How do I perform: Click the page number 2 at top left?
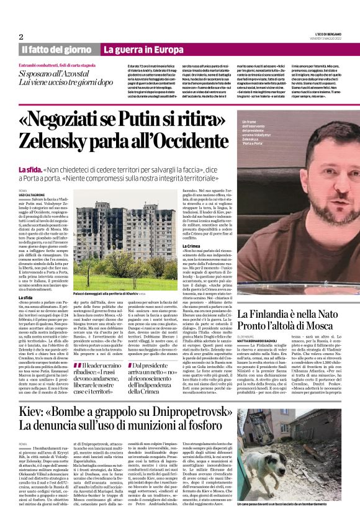click(21, 37)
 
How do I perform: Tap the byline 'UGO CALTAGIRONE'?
click(36, 195)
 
